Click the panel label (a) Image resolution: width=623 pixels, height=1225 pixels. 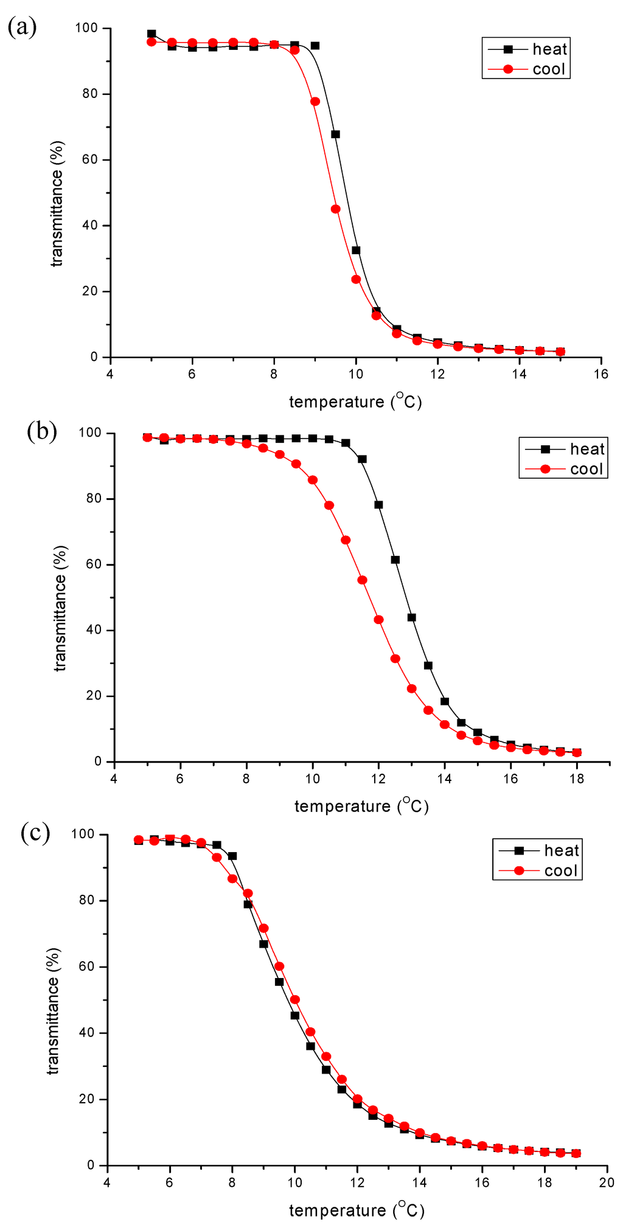coord(22,28)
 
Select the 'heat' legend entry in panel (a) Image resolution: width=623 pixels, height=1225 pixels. coord(549,49)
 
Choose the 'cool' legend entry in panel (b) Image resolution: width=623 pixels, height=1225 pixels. coord(586,469)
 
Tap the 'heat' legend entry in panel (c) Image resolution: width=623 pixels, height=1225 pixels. coord(561,850)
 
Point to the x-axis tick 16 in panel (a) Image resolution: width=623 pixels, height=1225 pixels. coord(600,374)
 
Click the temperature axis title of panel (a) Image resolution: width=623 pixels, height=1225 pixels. coord(355,401)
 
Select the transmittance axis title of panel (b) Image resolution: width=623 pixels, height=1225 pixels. coord(60,608)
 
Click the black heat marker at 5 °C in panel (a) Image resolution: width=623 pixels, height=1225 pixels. coord(151,34)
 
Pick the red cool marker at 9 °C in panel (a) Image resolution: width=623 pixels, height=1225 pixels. coord(315,102)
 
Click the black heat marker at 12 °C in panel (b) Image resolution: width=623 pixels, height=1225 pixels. coord(378,504)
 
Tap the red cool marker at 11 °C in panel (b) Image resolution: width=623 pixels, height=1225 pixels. coord(346,540)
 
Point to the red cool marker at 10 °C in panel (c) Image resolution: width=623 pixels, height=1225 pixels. coord(295,999)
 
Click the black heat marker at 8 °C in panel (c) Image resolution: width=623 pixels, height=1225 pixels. coord(232,856)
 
